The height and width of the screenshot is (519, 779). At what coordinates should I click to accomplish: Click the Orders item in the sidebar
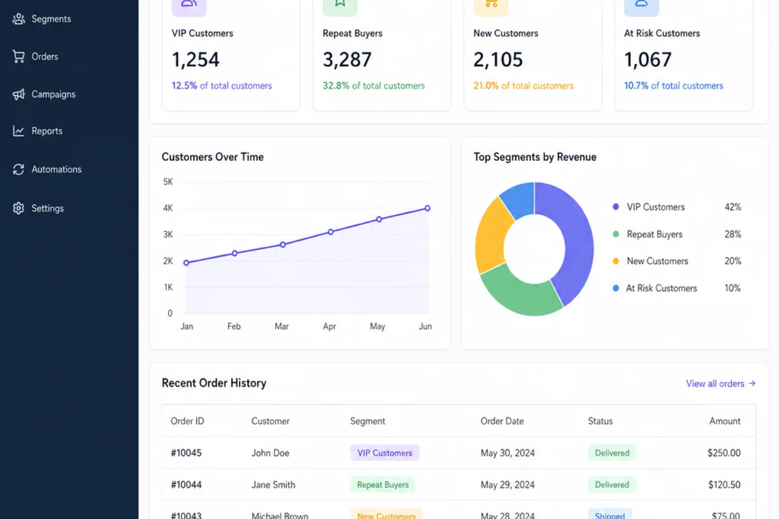(x=35, y=56)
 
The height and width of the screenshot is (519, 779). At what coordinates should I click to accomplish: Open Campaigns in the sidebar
(x=44, y=94)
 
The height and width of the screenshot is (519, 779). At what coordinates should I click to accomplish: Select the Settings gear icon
(x=18, y=208)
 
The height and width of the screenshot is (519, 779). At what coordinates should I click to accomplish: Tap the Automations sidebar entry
(x=47, y=169)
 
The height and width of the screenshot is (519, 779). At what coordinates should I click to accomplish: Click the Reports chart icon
(x=18, y=130)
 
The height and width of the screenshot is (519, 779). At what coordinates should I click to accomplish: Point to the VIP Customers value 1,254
(x=195, y=60)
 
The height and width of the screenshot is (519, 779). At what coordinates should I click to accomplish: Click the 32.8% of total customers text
(x=373, y=86)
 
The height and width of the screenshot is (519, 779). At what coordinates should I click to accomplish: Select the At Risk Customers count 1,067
(x=648, y=60)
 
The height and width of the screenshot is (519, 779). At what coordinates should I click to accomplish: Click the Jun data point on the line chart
(x=427, y=208)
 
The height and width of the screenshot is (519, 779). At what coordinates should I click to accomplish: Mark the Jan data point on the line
(x=186, y=263)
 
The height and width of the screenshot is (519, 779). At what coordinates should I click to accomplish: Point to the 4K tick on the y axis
(x=168, y=208)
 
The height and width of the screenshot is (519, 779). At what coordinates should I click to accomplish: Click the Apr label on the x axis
(x=329, y=326)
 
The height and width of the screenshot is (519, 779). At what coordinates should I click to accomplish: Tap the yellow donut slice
(x=491, y=236)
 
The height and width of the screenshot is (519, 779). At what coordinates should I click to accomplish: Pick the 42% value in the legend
(x=733, y=207)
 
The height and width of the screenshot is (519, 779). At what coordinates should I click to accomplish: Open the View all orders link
(x=721, y=383)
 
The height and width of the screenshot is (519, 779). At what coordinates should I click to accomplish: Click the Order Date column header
(x=502, y=421)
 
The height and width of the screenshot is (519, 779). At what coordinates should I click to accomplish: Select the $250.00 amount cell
(x=724, y=453)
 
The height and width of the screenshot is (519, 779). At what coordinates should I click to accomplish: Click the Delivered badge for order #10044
(x=612, y=485)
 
